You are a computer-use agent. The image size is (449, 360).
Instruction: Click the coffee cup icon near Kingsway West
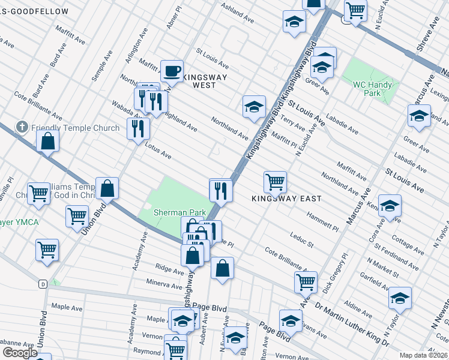[x=172, y=71]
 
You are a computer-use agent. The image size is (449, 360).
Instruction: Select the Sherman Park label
[x=179, y=212]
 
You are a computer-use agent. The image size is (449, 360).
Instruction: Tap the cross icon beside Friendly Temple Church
[x=22, y=127]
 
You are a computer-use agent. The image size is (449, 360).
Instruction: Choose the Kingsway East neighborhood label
[x=286, y=198]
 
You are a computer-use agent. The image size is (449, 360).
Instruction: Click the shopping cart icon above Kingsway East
[x=275, y=181]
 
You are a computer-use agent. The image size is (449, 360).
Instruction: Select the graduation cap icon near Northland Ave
[x=254, y=106]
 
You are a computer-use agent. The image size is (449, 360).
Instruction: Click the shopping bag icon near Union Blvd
[x=107, y=188]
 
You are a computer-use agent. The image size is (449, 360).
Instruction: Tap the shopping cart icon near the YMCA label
[x=77, y=216]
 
